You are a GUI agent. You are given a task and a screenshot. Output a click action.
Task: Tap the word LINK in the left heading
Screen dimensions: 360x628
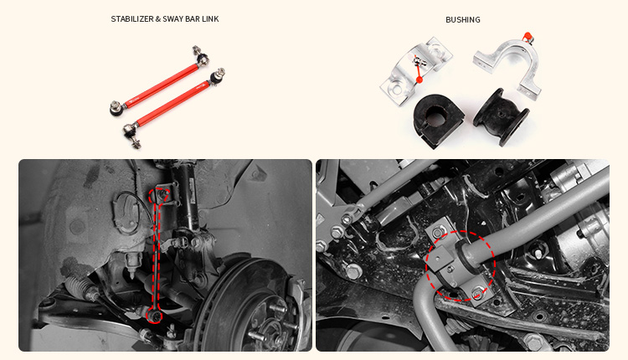pos(209,19)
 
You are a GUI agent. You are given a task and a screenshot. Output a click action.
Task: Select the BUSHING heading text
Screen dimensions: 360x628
pos(462,19)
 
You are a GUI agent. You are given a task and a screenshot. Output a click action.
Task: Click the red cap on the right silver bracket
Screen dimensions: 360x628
pos(528,36)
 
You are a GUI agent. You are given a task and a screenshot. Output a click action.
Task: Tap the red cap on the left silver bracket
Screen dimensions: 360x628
pos(418,80)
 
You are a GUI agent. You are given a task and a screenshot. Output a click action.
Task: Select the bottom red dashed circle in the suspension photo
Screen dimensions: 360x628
pos(152,316)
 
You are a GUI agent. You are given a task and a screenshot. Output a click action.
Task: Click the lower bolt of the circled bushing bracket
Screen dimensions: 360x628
pos(476,294)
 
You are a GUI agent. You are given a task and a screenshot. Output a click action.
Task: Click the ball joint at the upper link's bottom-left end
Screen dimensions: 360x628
pos(115,107)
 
